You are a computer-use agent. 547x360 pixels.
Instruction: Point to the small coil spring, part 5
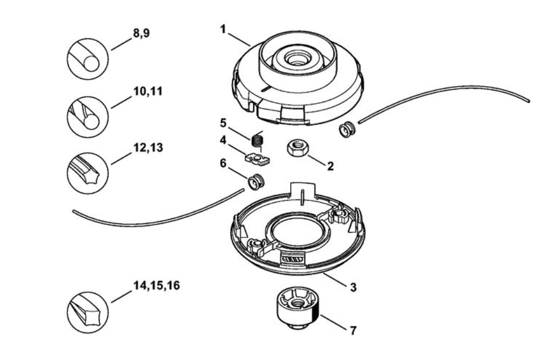(x=256, y=139)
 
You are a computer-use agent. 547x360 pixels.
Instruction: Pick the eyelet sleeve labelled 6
(x=256, y=181)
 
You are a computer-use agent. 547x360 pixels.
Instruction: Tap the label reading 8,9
(x=141, y=33)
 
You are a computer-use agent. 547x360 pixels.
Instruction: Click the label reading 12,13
(x=147, y=149)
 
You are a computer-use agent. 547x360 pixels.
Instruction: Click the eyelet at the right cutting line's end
(x=347, y=131)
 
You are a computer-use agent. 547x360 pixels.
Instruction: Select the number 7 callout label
(x=352, y=331)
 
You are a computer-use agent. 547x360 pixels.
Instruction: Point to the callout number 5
(x=223, y=122)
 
